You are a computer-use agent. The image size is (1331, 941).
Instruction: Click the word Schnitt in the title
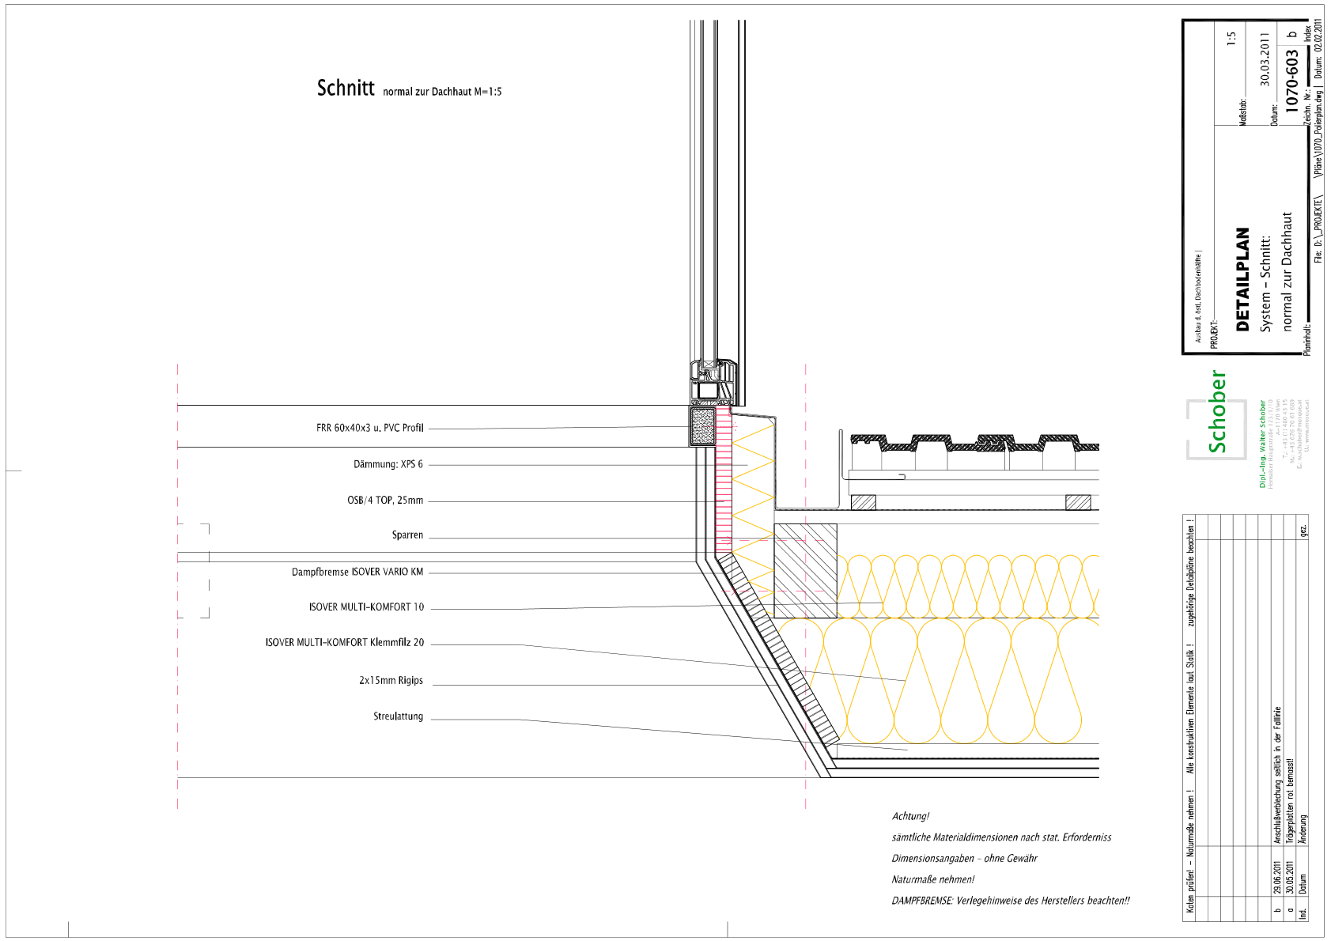point(346,88)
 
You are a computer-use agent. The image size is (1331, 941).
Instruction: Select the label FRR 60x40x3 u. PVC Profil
point(369,428)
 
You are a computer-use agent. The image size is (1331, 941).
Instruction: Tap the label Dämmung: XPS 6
point(388,464)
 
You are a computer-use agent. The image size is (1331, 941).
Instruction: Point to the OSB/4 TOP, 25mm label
point(384,501)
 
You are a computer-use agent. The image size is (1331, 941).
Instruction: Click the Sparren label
point(407,535)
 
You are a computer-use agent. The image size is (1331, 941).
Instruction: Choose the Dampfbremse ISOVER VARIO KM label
point(357,572)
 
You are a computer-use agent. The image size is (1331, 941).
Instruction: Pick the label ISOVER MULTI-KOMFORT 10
point(366,607)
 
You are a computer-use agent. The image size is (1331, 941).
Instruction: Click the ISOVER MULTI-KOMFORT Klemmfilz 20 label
point(344,643)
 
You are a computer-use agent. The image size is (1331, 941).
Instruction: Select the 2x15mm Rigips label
point(391,680)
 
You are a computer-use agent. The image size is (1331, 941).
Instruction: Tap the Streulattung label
point(398,716)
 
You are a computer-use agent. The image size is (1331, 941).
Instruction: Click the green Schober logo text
point(1217,412)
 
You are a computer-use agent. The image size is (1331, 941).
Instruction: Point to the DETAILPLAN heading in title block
point(1242,279)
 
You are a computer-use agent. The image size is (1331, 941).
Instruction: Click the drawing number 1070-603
point(1291,81)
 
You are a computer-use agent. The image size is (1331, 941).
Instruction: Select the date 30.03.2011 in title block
point(1265,60)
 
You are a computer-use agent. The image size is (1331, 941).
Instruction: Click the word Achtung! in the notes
point(910,816)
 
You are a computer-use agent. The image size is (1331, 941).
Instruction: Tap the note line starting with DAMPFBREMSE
point(1010,901)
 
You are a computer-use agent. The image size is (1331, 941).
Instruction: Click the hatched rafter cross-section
point(805,570)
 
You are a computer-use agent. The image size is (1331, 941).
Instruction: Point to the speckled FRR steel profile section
point(702,427)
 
